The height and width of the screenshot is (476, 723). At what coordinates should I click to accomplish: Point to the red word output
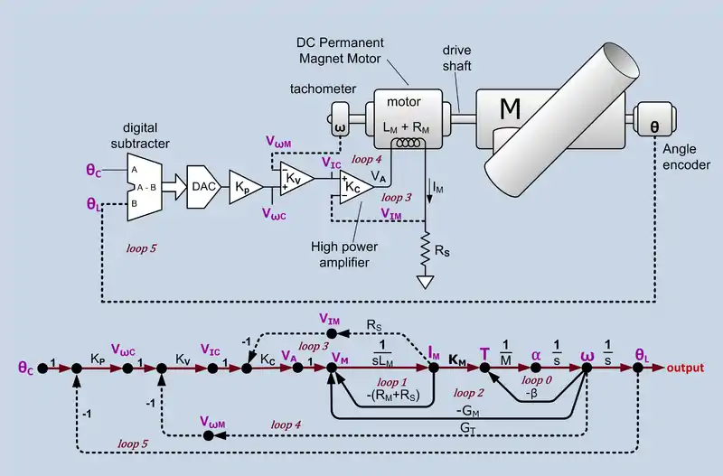[x=691, y=369]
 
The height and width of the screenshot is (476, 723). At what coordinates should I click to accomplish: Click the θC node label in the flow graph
[x=27, y=368]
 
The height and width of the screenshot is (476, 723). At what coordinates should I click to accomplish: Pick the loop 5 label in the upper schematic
[x=144, y=245]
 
